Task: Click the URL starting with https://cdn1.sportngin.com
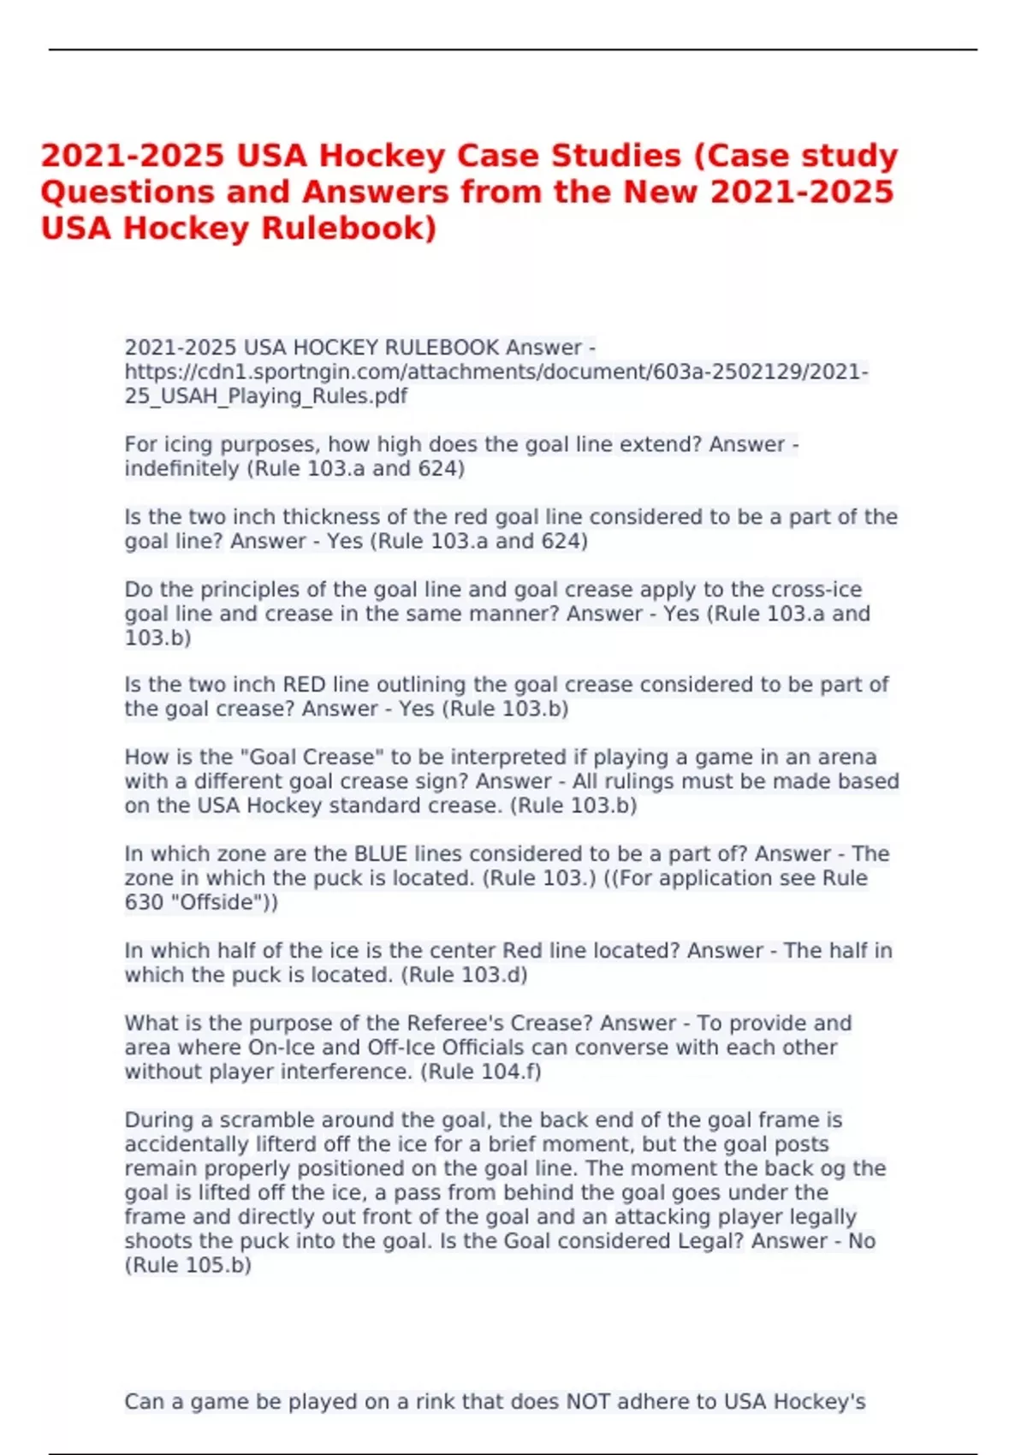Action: click(496, 372)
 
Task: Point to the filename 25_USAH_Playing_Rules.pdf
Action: click(265, 396)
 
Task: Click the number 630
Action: click(144, 902)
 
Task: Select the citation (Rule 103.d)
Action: click(464, 975)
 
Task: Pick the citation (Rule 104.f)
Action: click(480, 1072)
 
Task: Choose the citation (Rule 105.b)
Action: click(188, 1265)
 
